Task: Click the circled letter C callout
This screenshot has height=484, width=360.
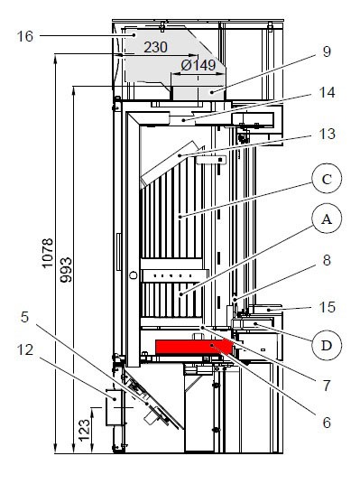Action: coord(325,180)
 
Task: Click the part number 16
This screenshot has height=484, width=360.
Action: coord(24,36)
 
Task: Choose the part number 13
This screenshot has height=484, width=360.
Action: coord(327,134)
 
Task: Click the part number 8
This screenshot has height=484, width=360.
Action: coord(326,259)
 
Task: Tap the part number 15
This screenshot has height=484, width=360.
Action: coord(326,307)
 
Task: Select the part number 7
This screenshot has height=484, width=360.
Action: coord(326,384)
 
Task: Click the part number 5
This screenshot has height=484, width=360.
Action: coord(24,317)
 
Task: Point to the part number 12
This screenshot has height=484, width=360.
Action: coord(24,349)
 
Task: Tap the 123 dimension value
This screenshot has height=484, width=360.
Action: coord(84,426)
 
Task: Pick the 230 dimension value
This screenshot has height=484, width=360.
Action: coord(155,47)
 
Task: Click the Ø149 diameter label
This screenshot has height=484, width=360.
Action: coord(198,65)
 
